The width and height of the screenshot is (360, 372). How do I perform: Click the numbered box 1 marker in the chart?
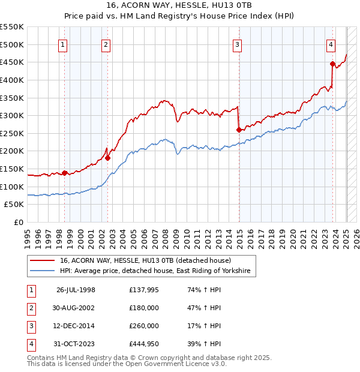63,43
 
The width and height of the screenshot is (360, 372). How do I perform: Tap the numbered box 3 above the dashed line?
238,43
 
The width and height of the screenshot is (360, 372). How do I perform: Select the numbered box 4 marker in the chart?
331,43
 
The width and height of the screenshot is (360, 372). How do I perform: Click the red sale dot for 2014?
239,129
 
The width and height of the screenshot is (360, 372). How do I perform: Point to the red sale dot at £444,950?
332,64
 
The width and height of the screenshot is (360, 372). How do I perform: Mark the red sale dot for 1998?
65,173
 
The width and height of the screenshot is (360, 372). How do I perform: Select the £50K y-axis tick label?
14,205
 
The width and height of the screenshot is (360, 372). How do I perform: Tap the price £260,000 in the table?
144,326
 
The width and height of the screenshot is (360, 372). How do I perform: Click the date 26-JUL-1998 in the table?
76,289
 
